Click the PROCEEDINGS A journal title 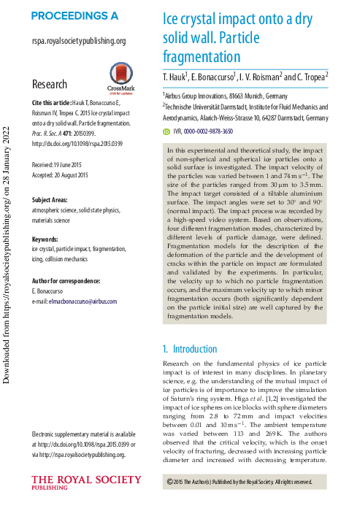pos(74,15)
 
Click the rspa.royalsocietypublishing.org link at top pos(79,42)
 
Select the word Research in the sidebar pos(50,84)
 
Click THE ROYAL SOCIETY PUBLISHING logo pos(86,483)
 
